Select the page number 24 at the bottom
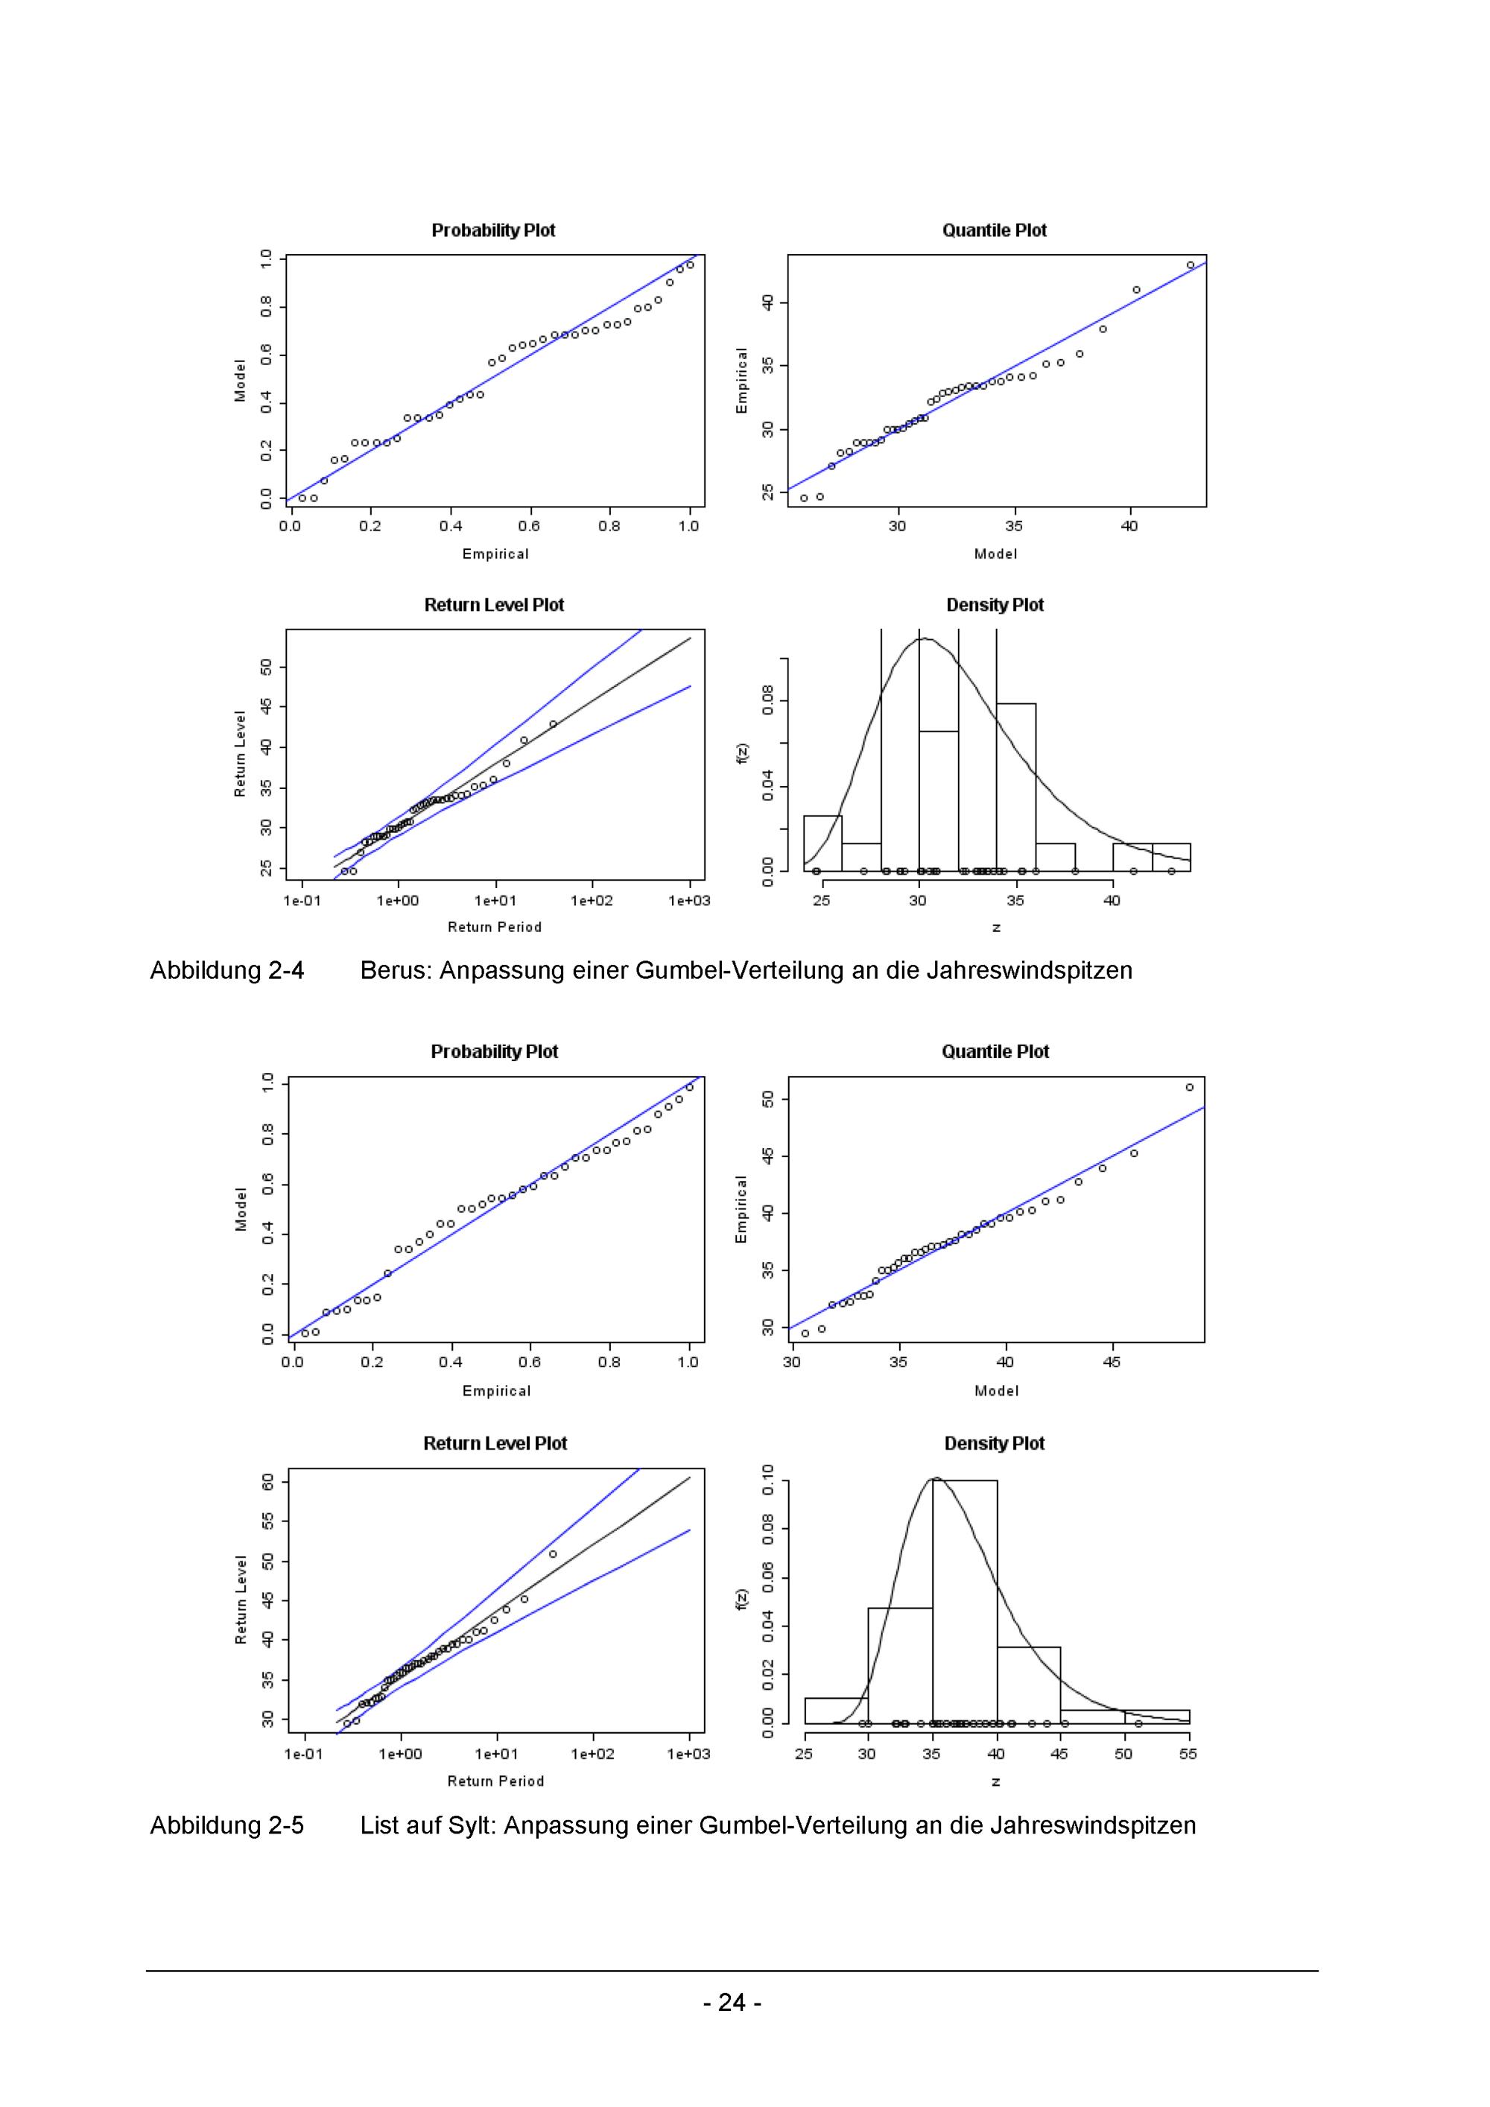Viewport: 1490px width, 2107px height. (x=732, y=2001)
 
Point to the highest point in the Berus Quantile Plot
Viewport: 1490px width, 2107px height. (x=1190, y=265)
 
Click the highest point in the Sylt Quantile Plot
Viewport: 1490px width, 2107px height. (x=1189, y=1088)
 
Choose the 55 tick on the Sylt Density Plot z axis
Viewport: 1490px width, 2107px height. (x=1188, y=1754)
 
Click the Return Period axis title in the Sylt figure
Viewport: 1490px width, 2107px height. (x=495, y=1781)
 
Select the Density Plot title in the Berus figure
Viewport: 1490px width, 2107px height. (x=995, y=605)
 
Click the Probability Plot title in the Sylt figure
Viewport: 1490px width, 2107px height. (x=495, y=1052)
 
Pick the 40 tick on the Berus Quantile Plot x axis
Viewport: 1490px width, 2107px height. (x=1129, y=526)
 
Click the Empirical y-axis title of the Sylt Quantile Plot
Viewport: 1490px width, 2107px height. (x=741, y=1209)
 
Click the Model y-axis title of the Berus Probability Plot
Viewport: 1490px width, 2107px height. (x=241, y=380)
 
